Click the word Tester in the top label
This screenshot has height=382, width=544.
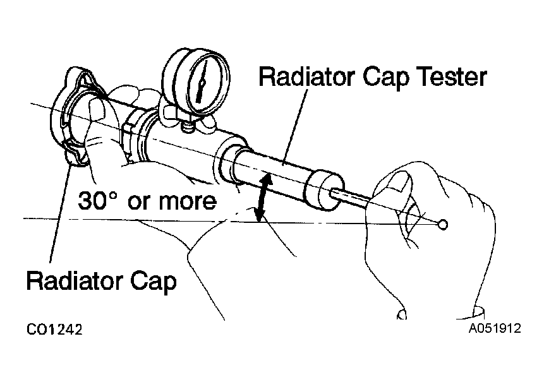coord(453,77)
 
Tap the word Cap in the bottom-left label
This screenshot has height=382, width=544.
coord(154,282)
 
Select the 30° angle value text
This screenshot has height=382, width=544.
coord(97,200)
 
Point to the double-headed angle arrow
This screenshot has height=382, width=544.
coord(262,197)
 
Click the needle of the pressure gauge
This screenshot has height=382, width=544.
coord(201,81)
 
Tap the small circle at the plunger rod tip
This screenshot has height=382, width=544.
coord(443,225)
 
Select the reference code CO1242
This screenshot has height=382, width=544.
coord(54,330)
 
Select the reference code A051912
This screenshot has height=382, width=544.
coord(495,328)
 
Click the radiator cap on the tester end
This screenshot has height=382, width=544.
coord(75,116)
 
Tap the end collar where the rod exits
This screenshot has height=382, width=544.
coord(324,191)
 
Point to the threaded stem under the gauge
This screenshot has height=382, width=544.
coord(188,126)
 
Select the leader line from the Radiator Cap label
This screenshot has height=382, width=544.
coord(61,214)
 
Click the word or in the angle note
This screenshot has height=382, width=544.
coord(138,202)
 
